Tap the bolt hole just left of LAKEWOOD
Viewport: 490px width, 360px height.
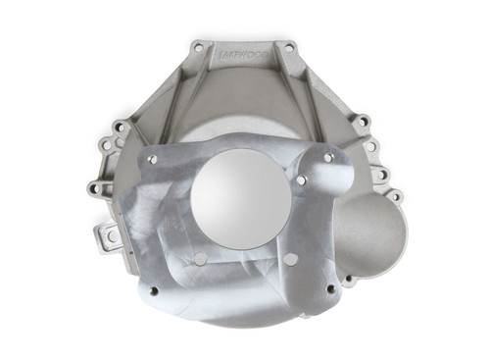(199, 46)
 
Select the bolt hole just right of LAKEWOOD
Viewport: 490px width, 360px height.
(287, 46)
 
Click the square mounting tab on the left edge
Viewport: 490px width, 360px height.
(109, 235)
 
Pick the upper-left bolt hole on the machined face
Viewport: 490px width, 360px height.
(153, 156)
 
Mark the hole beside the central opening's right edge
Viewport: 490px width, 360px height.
(303, 180)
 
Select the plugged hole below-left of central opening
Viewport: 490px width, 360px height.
(200, 259)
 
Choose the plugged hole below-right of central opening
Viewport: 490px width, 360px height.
(290, 258)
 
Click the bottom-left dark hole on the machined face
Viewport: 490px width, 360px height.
(153, 290)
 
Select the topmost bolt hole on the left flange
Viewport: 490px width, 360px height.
(119, 127)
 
